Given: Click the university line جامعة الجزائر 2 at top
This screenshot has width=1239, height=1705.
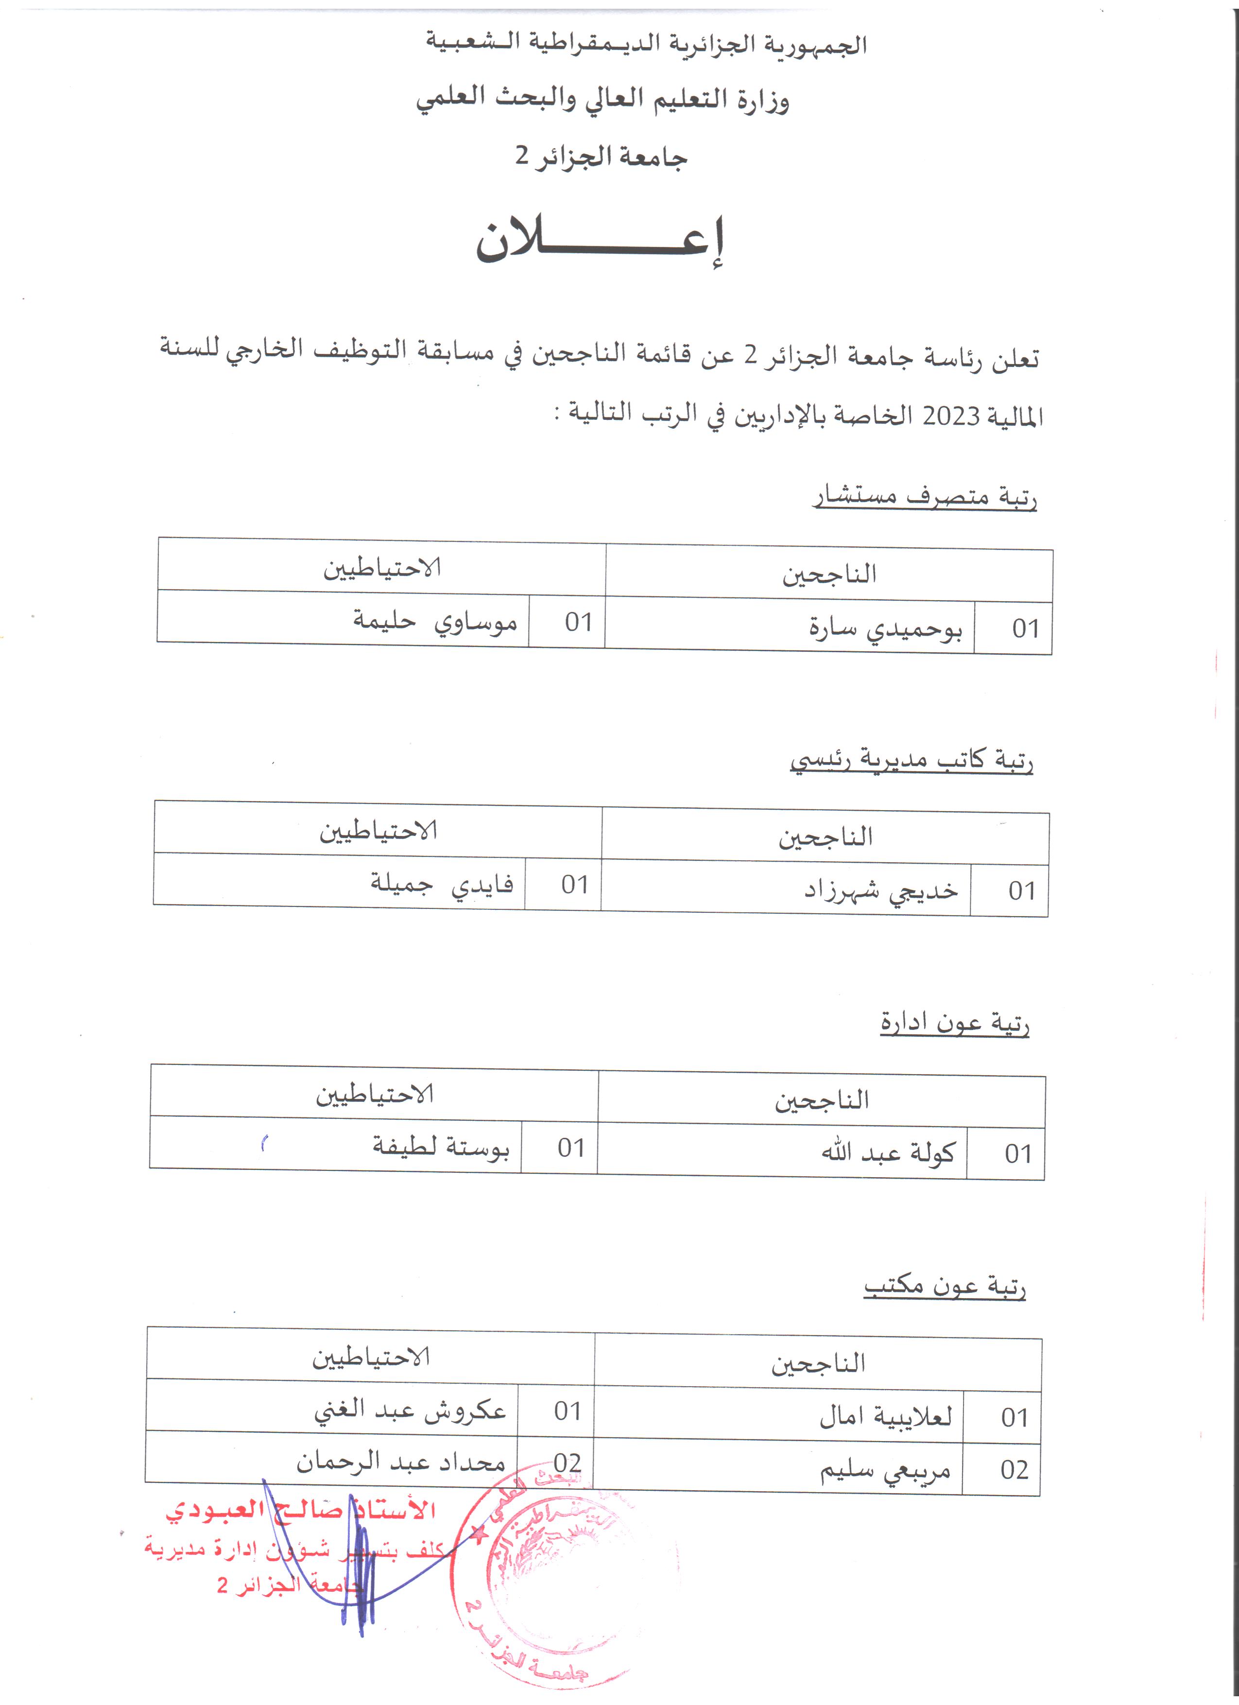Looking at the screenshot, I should click(x=601, y=157).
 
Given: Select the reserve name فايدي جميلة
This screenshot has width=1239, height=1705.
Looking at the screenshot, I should click(x=442, y=883).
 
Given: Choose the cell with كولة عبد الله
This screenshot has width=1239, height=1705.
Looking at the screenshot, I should click(x=888, y=1152).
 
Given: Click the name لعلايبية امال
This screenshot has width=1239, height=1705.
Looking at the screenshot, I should click(x=885, y=1416).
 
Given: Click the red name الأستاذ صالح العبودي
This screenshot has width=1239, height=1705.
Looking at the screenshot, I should click(x=301, y=1510).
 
